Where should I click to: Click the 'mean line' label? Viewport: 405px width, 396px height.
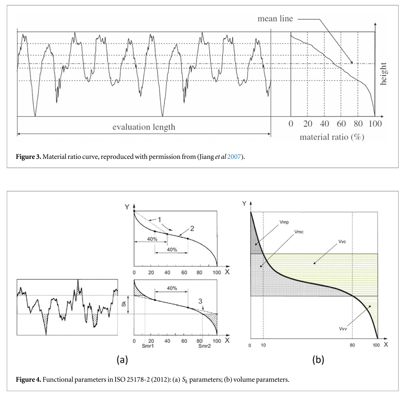(x=275, y=18)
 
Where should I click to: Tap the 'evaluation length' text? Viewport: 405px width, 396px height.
(x=144, y=127)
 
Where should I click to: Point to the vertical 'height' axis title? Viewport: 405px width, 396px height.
(x=383, y=74)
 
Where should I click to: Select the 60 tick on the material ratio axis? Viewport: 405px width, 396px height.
(x=341, y=124)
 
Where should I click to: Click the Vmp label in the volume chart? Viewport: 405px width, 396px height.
(x=285, y=222)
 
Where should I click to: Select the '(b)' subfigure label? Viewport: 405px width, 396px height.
(x=318, y=360)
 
